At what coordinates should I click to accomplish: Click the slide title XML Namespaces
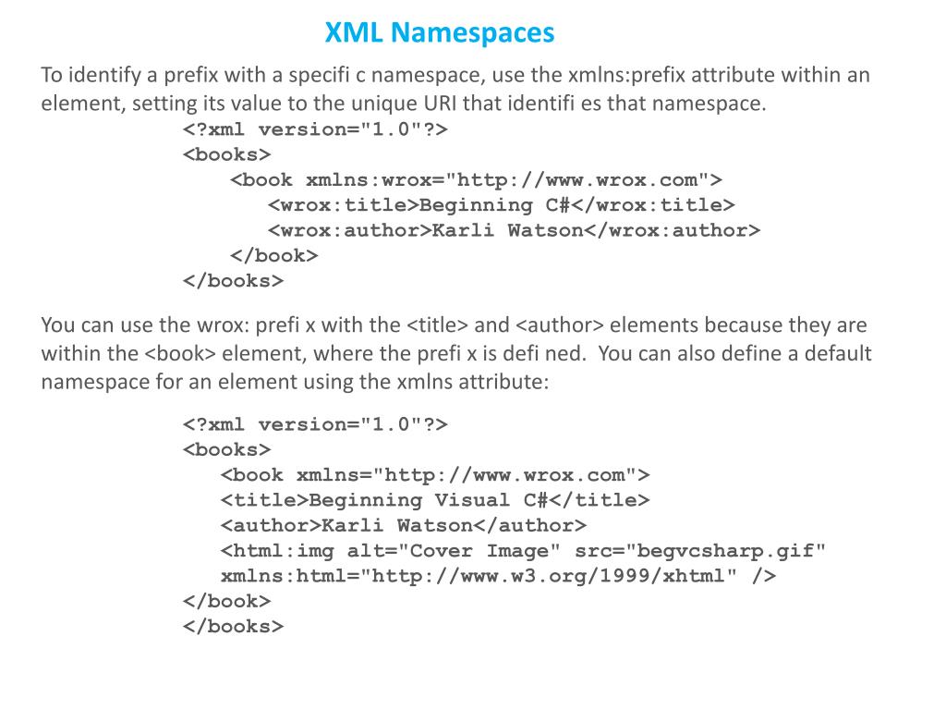point(440,33)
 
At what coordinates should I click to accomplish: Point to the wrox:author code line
point(514,230)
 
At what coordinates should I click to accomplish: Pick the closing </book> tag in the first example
point(273,255)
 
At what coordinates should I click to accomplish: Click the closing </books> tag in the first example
point(233,280)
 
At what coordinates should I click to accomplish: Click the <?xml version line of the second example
point(315,424)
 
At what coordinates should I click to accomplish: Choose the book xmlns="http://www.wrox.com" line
point(435,475)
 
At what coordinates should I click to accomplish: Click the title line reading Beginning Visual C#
point(435,500)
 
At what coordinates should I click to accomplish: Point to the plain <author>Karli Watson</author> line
point(404,525)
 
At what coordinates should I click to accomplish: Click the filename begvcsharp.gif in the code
point(725,551)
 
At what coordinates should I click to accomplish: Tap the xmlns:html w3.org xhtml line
point(498,576)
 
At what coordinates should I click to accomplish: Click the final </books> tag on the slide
point(233,626)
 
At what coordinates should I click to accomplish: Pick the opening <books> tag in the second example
point(227,449)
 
